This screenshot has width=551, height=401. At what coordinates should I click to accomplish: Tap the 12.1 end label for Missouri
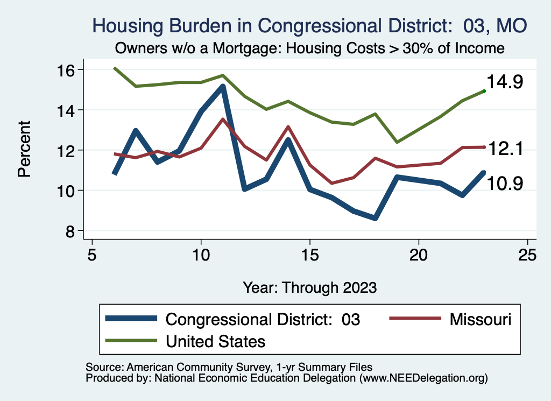pos(505,150)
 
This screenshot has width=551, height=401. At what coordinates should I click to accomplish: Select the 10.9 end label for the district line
pos(505,184)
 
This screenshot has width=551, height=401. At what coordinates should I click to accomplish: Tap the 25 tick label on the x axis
pos(527,255)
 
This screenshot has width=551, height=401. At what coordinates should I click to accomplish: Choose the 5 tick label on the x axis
pos(92,255)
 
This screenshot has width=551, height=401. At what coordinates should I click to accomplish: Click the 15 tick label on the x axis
pos(309,255)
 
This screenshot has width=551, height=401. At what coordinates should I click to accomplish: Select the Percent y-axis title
pos(25,150)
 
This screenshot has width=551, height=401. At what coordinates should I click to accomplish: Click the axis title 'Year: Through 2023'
pos(309,287)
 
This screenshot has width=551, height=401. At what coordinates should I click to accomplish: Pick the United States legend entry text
pos(215,341)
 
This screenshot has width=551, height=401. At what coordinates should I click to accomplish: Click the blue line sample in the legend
pos(132,319)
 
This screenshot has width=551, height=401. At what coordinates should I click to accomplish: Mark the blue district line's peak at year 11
pos(223,87)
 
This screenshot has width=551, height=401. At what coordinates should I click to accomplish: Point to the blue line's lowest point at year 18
pos(375,218)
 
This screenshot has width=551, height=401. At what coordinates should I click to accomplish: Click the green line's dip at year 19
pos(397,142)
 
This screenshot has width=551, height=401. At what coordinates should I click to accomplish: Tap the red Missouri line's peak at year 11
pos(223,119)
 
